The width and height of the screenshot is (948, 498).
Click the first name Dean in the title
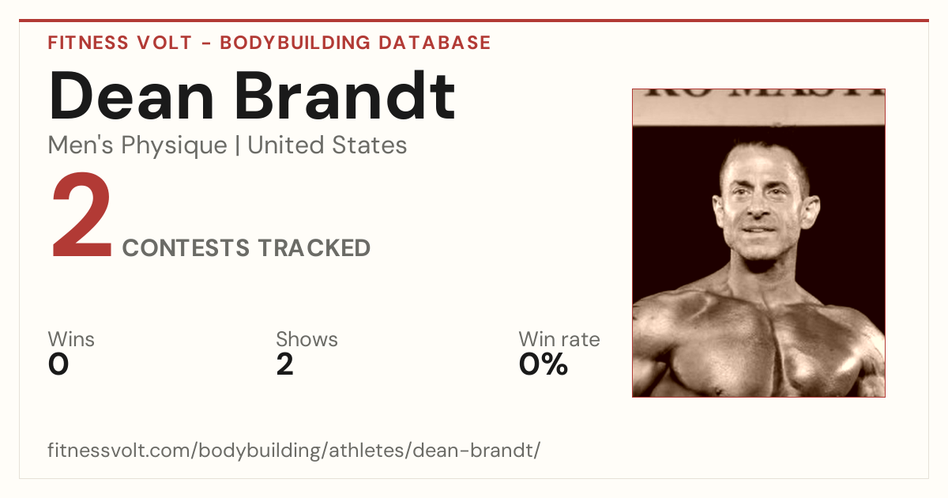point(131,96)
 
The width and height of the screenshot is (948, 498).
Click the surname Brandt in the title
point(345,95)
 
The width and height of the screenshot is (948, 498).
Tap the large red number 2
point(81,214)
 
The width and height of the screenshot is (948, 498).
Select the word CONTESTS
point(186,247)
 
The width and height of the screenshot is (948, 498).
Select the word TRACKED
point(314,247)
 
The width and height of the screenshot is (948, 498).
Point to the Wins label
point(71,339)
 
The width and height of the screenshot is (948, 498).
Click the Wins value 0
point(58,364)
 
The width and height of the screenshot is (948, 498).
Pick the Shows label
point(307,339)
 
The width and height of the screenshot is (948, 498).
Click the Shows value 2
point(285,364)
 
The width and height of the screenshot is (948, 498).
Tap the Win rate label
point(559,339)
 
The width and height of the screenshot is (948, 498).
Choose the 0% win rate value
point(544,364)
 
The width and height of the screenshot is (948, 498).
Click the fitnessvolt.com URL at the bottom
point(294,450)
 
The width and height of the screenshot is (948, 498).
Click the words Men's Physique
point(137,145)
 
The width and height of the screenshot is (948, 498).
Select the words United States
point(327,145)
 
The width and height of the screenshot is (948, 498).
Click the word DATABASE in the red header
point(434,43)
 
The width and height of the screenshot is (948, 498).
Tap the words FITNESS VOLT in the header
point(120,43)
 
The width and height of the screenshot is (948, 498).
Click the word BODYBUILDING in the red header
point(295,43)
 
